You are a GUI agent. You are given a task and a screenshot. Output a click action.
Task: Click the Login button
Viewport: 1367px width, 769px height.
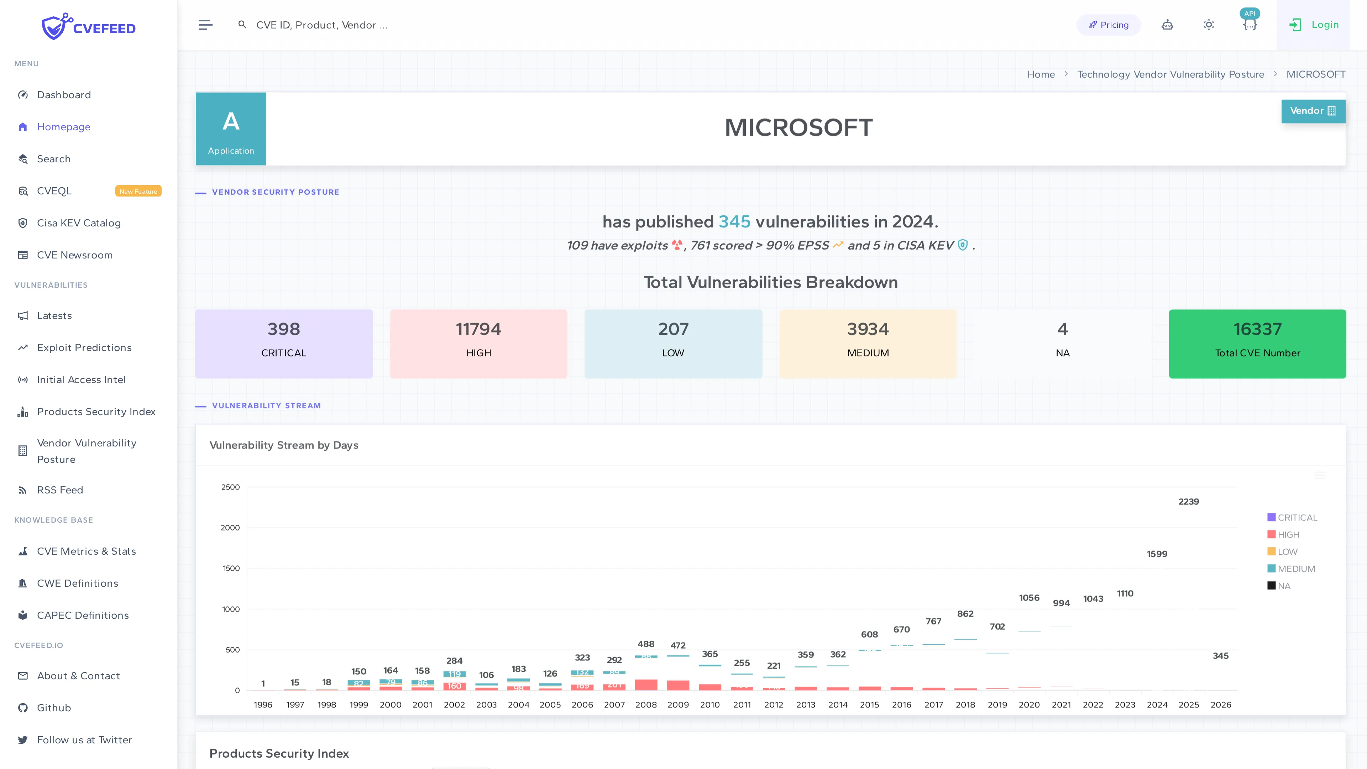coord(1314,25)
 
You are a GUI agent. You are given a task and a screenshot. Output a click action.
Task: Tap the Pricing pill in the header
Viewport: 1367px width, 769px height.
coord(1109,25)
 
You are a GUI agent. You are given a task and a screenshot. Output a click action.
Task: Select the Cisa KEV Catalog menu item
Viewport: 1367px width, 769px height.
coord(79,223)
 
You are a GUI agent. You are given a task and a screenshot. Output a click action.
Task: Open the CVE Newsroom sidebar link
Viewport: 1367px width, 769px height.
coord(74,255)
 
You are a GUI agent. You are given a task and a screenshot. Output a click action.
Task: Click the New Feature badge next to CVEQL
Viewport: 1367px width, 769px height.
coord(138,191)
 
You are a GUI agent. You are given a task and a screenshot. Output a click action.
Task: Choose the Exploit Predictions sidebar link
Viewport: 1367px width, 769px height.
coord(84,347)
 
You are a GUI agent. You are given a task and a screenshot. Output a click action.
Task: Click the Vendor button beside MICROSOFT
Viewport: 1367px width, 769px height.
coord(1312,111)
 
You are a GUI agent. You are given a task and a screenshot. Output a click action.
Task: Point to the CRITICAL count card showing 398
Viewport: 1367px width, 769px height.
coord(284,343)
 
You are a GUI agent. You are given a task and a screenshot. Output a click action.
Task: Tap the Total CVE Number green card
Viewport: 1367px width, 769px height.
coord(1257,343)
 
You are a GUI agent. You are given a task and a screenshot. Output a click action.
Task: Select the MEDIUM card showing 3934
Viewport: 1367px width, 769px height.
coord(868,343)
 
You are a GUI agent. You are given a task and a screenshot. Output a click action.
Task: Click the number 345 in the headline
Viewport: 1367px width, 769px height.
coord(734,222)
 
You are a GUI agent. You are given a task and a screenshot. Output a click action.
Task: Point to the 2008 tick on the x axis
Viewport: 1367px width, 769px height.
coord(646,705)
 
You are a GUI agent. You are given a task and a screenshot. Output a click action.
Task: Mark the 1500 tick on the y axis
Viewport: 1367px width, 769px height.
coord(231,569)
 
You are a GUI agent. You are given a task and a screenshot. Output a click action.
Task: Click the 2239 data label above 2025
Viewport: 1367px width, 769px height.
coord(1189,502)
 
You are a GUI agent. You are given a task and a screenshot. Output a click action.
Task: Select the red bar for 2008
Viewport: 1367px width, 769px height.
coord(646,685)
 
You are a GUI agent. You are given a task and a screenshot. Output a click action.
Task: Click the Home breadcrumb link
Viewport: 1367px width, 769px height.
coord(1041,74)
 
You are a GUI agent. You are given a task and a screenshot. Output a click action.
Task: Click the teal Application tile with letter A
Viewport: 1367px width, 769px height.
coord(231,129)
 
